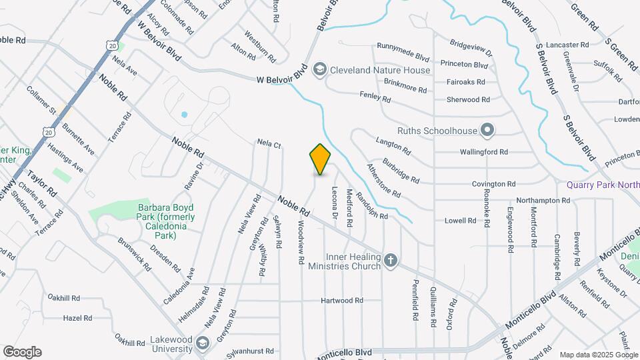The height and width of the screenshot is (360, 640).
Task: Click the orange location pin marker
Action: click(x=321, y=159)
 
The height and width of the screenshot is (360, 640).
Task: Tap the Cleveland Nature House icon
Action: click(x=320, y=69)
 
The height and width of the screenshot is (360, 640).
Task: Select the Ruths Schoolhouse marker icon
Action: click(x=487, y=129)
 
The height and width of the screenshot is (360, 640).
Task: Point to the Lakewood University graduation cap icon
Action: click(x=203, y=343)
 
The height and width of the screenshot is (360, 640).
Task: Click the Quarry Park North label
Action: click(x=601, y=185)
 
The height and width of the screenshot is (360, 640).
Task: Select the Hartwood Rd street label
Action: click(x=341, y=301)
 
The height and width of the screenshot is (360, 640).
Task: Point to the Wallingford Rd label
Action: click(x=484, y=152)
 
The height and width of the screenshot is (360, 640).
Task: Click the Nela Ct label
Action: click(x=269, y=143)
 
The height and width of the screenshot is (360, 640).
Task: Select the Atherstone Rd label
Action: click(x=383, y=181)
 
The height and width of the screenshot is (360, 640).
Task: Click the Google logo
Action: click(x=22, y=351)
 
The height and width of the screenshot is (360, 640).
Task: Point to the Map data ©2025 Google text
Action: click(x=598, y=355)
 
